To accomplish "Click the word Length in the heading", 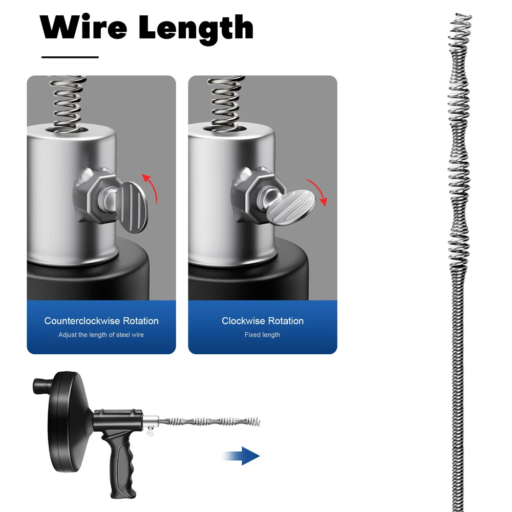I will [x=196, y=29].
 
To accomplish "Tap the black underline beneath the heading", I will [x=70, y=57].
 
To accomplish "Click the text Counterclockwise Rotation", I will [x=101, y=321].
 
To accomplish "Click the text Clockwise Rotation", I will [x=263, y=321].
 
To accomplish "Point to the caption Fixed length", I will [x=263, y=335].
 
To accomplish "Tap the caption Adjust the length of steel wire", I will [x=101, y=335].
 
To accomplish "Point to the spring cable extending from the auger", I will [x=210, y=421].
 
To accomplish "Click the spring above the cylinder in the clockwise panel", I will [x=224, y=99].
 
